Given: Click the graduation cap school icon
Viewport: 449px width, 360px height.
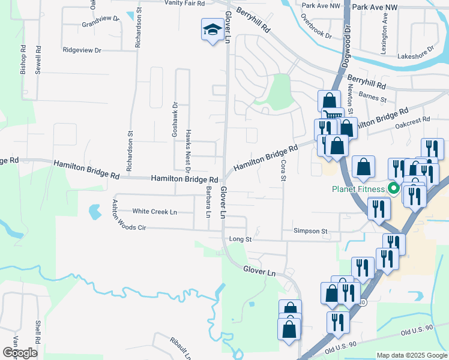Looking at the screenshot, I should [x=212, y=29].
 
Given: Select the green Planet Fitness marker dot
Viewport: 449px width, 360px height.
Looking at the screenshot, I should [x=394, y=189].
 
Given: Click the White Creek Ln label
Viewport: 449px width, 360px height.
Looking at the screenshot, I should [x=155, y=212].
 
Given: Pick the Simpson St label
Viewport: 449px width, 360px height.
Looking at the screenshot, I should [x=310, y=230].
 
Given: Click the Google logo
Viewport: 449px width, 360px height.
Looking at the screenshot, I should [x=20, y=353].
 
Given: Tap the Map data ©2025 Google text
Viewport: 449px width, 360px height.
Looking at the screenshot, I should [x=411, y=355].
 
